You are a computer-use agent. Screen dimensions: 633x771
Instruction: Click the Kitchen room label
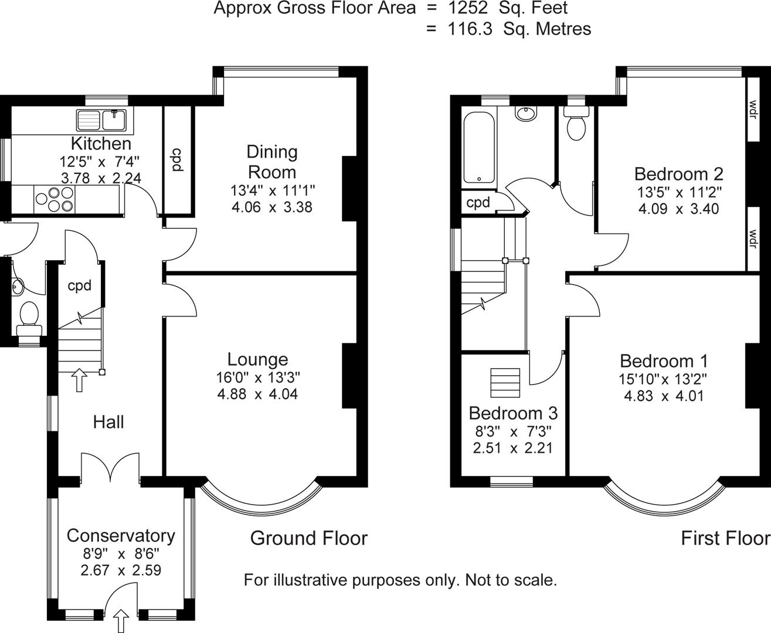[101, 143]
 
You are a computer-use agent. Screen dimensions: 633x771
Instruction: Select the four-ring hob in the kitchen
[55, 199]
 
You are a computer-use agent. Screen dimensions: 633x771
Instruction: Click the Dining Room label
[271, 162]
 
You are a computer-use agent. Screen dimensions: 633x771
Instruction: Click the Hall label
[108, 421]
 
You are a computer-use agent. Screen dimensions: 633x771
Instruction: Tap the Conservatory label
[121, 535]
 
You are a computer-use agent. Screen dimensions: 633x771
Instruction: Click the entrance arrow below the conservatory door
[121, 620]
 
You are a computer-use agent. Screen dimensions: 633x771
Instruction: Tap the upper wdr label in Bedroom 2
[752, 109]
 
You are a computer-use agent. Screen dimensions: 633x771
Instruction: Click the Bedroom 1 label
[664, 360]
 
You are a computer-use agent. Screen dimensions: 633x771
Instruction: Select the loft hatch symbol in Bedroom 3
[505, 383]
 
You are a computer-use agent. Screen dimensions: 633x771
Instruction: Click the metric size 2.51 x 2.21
[512, 448]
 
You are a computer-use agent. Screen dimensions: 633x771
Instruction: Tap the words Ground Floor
[308, 538]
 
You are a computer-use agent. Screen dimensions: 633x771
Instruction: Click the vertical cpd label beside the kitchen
[175, 160]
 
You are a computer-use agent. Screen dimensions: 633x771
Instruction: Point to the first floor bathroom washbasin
[527, 113]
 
